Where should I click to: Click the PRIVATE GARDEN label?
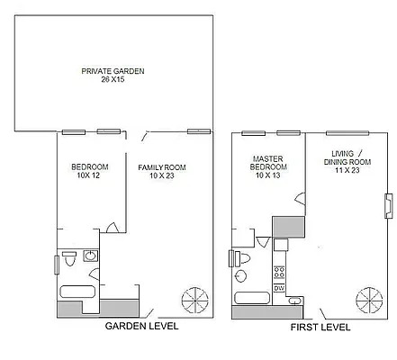point(113,71)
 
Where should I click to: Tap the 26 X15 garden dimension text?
point(113,80)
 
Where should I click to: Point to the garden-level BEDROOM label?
point(90,167)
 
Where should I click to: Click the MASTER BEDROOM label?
point(268,163)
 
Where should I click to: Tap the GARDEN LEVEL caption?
point(142,326)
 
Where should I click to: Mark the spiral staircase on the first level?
point(369,298)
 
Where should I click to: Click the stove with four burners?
point(280,271)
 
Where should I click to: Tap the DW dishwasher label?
point(279,287)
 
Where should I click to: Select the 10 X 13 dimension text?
point(268,176)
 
